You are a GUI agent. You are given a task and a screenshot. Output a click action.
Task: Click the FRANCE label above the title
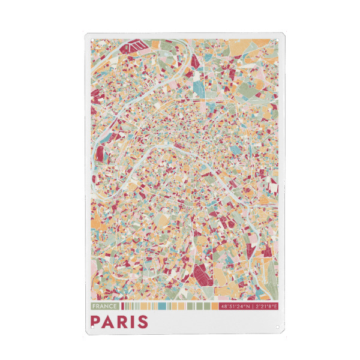(x=105, y=306)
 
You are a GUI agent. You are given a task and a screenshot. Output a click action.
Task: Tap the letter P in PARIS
(x=96, y=321)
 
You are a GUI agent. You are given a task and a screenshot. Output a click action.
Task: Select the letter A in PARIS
(x=110, y=321)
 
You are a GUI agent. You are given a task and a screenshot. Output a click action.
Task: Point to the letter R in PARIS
(x=125, y=321)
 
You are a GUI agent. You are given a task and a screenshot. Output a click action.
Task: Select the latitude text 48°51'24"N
(x=236, y=306)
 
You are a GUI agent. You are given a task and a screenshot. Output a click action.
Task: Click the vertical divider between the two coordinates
(x=252, y=306)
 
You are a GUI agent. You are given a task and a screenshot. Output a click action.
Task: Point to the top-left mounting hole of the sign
(x=89, y=37)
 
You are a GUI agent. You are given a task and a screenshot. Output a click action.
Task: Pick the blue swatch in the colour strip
(x=162, y=306)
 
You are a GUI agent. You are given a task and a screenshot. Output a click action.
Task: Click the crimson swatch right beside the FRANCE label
(x=122, y=306)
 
